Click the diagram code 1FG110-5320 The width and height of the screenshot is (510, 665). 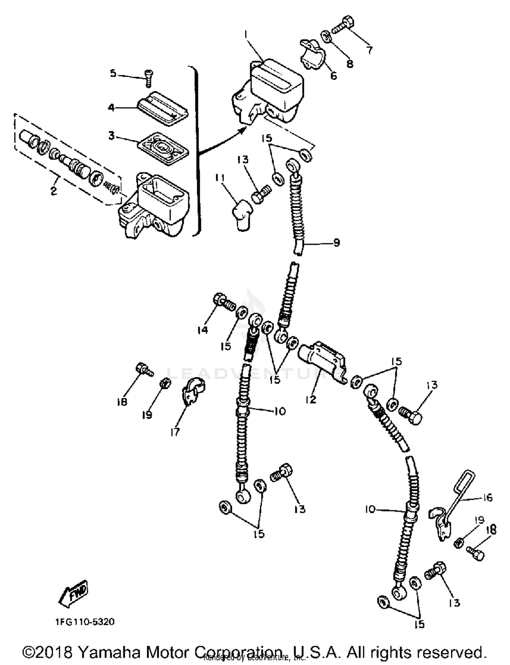85,622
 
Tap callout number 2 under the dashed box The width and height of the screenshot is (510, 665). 54,191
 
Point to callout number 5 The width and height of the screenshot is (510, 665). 113,73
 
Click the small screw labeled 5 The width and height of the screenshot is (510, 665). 149,77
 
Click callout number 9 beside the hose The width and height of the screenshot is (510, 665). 336,242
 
